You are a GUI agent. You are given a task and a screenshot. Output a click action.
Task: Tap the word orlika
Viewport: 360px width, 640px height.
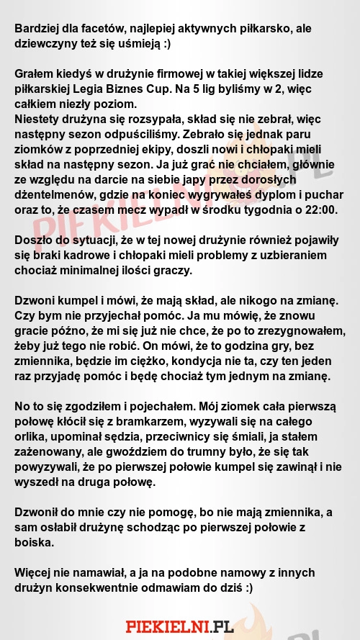[x=31, y=436]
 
